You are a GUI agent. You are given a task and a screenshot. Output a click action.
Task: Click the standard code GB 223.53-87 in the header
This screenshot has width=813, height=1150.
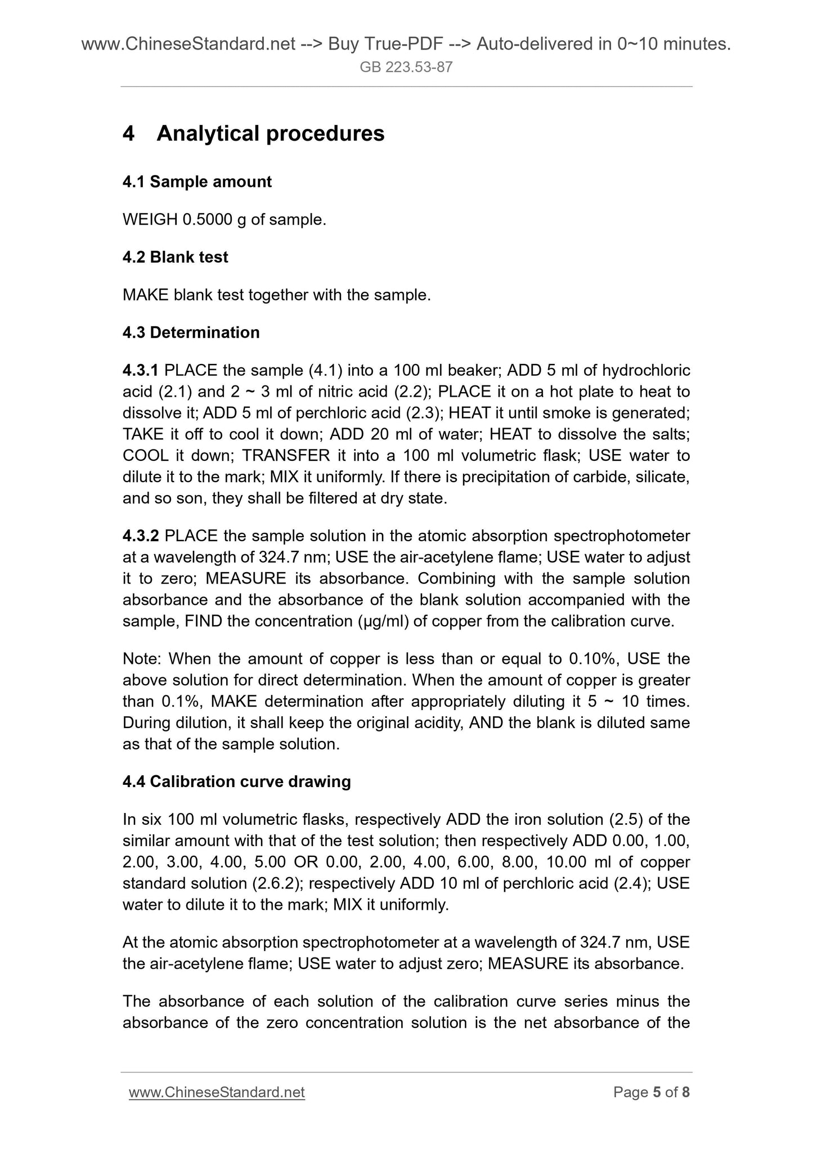click(406, 68)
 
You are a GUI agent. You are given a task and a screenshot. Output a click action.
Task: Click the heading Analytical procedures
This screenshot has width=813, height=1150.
click(270, 133)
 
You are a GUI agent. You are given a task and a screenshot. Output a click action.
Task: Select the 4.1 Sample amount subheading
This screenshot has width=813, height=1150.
click(197, 182)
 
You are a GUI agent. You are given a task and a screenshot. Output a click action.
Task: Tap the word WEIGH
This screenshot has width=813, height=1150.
click(150, 219)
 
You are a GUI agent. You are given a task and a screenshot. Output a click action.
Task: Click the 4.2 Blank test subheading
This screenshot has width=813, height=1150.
click(175, 257)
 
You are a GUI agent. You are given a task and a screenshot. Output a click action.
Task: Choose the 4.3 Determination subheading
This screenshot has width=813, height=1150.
click(191, 333)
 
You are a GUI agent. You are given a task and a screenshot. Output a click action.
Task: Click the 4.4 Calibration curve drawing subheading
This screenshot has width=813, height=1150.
click(236, 781)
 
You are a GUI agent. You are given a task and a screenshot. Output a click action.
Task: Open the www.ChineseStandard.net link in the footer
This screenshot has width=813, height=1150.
click(217, 1092)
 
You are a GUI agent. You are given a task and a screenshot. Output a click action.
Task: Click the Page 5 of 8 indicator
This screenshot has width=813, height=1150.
click(652, 1092)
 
